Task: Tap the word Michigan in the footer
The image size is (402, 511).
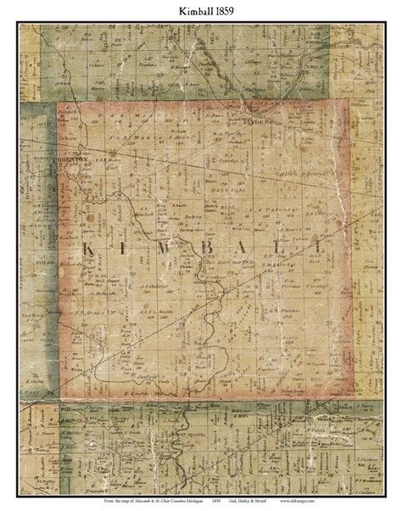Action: (205, 501)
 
